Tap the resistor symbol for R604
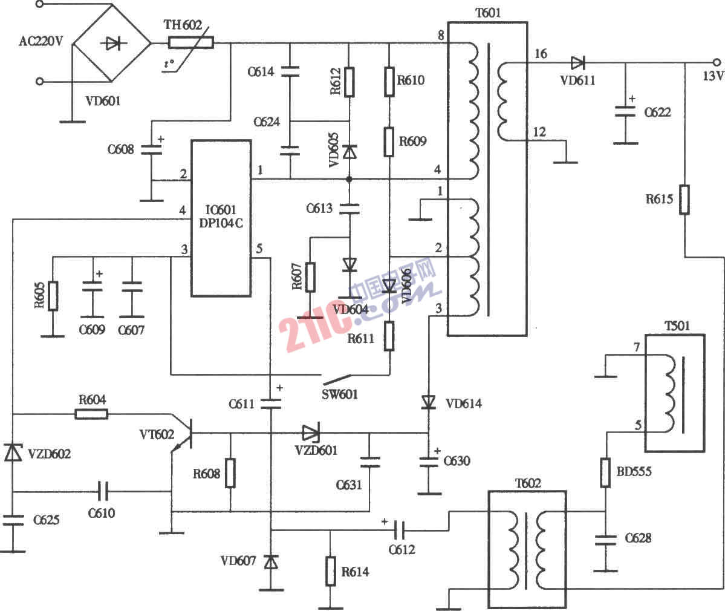pos(91,414)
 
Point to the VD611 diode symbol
pos(578,62)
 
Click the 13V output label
pos(712,76)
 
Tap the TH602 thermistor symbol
pos(190,43)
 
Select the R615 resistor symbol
pos(684,200)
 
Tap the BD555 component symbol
pos(605,472)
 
